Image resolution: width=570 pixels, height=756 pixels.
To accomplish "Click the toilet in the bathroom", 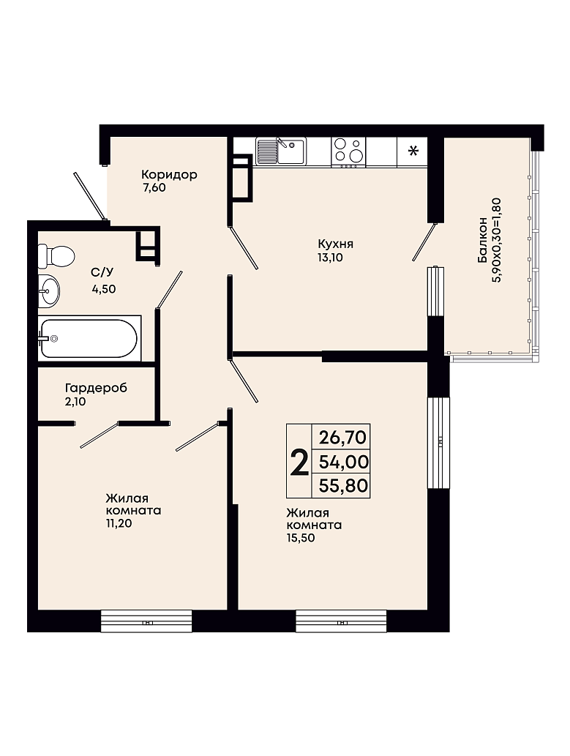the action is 56,255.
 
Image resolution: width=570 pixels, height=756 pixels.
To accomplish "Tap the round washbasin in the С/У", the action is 49,291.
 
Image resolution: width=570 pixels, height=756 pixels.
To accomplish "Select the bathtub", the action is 90,338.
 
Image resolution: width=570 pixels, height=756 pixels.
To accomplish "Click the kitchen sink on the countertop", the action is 281,151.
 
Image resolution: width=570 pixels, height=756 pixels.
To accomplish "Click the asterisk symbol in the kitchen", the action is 413,151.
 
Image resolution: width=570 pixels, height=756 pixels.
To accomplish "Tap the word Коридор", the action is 169,174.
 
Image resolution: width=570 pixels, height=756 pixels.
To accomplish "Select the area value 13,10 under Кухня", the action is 330,258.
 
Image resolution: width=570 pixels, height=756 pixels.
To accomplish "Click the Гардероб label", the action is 96,388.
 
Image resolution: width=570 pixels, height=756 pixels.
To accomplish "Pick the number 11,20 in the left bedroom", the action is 119,523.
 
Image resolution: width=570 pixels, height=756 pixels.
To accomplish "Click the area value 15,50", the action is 301,538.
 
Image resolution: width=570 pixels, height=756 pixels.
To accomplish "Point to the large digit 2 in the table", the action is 299,461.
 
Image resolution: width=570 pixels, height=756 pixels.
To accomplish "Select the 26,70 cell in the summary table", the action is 342,438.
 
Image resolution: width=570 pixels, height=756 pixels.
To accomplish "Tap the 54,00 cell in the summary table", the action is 343,462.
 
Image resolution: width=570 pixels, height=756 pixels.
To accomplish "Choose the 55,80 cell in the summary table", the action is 343,485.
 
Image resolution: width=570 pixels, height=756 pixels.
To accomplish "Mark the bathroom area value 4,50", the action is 104,289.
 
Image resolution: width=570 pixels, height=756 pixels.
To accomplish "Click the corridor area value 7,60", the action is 154,188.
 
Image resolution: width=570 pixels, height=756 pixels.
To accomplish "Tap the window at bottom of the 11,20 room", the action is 146,621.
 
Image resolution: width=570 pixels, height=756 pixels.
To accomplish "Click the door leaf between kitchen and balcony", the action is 424,242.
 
